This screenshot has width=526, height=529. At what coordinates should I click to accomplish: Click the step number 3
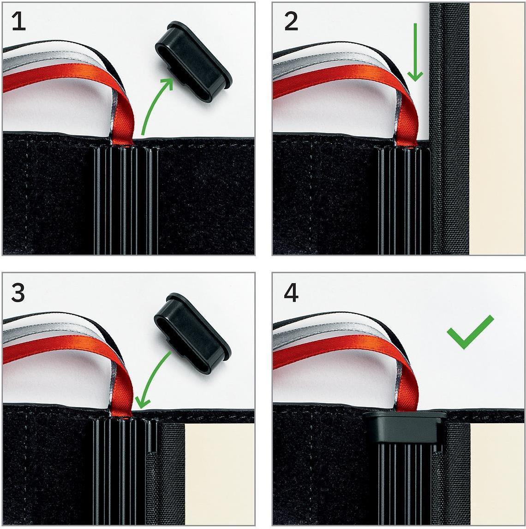pos(18,293)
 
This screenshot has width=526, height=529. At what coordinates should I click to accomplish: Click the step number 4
pos(291,293)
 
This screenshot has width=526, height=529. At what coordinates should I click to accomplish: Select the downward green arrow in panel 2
pos(415,52)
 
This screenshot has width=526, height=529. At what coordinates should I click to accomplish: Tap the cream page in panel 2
pos(496,128)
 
